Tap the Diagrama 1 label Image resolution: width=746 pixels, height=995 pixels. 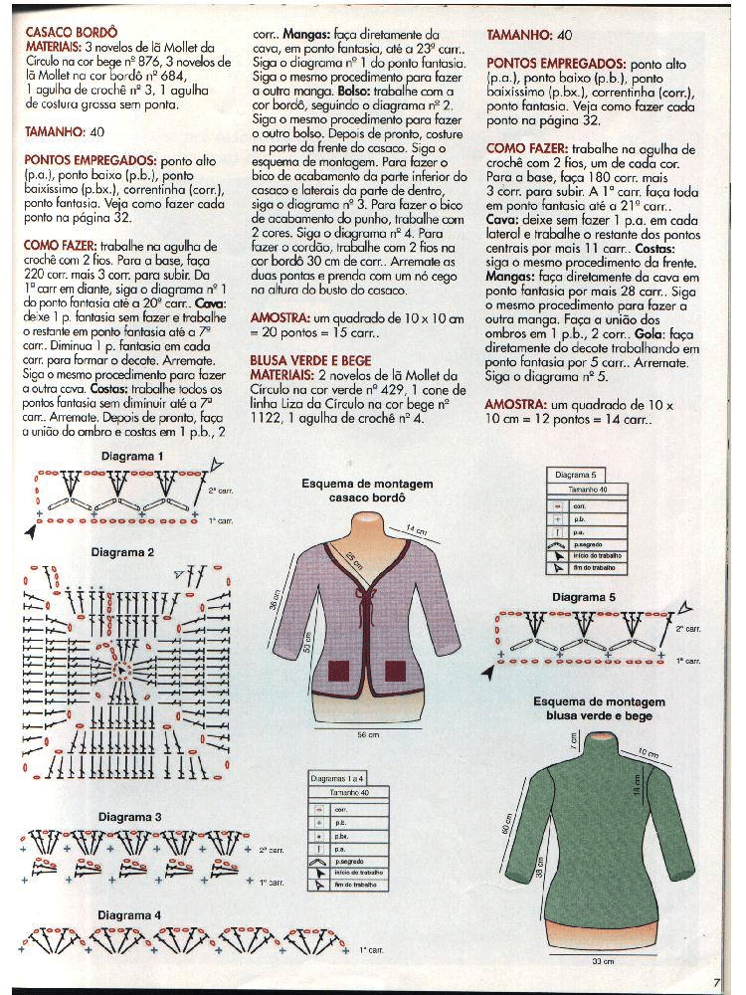pyautogui.click(x=131, y=456)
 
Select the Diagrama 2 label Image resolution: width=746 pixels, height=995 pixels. pyautogui.click(x=122, y=551)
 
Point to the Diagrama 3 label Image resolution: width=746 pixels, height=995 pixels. pyautogui.click(x=129, y=817)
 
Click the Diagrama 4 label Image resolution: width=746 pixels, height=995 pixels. pyautogui.click(x=129, y=914)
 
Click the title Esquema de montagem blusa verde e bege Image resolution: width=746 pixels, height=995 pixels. pyautogui.click(x=599, y=708)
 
